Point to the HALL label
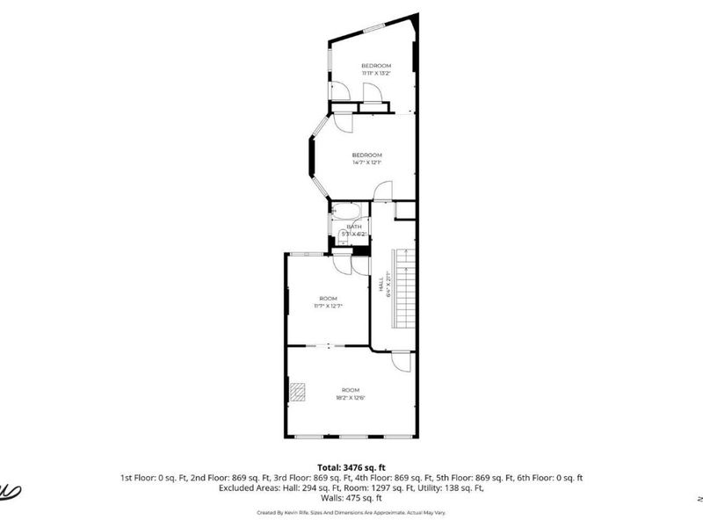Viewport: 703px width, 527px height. pos(382,287)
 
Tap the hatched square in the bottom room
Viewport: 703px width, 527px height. pos(298,391)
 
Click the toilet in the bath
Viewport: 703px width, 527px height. pos(337,235)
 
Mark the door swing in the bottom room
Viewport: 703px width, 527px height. pos(401,360)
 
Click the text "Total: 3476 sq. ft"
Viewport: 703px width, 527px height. pos(351,467)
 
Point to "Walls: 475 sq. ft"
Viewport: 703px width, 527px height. pos(351,498)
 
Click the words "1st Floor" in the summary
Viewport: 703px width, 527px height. pos(138,478)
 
